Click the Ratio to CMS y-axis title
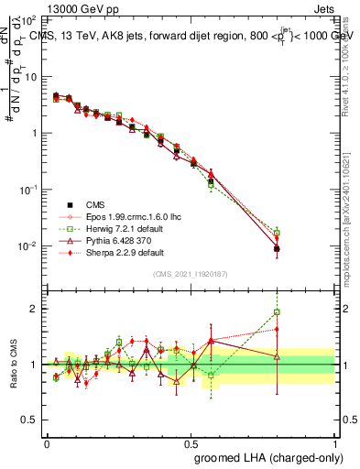click(16, 364)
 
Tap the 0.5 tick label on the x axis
click(191, 442)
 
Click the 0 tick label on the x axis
click(47, 442)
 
